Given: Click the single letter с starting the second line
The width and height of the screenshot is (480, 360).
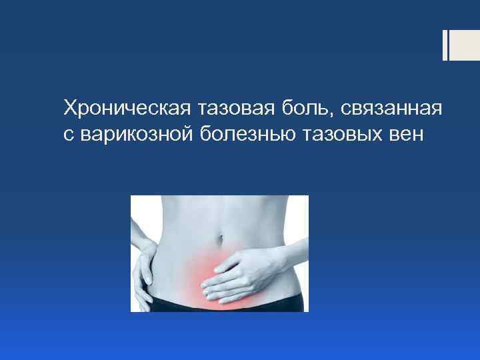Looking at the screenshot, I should [67, 135].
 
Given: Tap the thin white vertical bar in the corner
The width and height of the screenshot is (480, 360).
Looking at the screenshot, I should [445, 45].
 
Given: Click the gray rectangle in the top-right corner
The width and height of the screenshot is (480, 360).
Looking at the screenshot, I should [465, 45].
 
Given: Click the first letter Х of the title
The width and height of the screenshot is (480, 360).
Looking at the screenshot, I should [69, 107].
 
